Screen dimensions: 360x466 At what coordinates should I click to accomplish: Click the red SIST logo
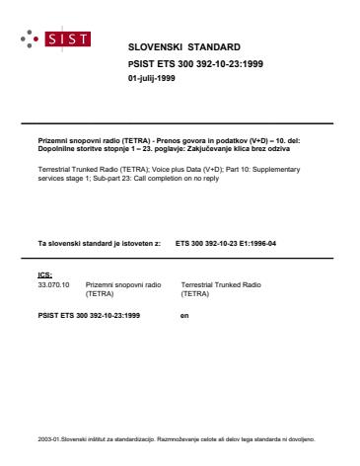pyautogui.click(x=72, y=40)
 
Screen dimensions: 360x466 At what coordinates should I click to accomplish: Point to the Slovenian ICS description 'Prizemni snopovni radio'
pyautogui.click(x=121, y=284)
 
